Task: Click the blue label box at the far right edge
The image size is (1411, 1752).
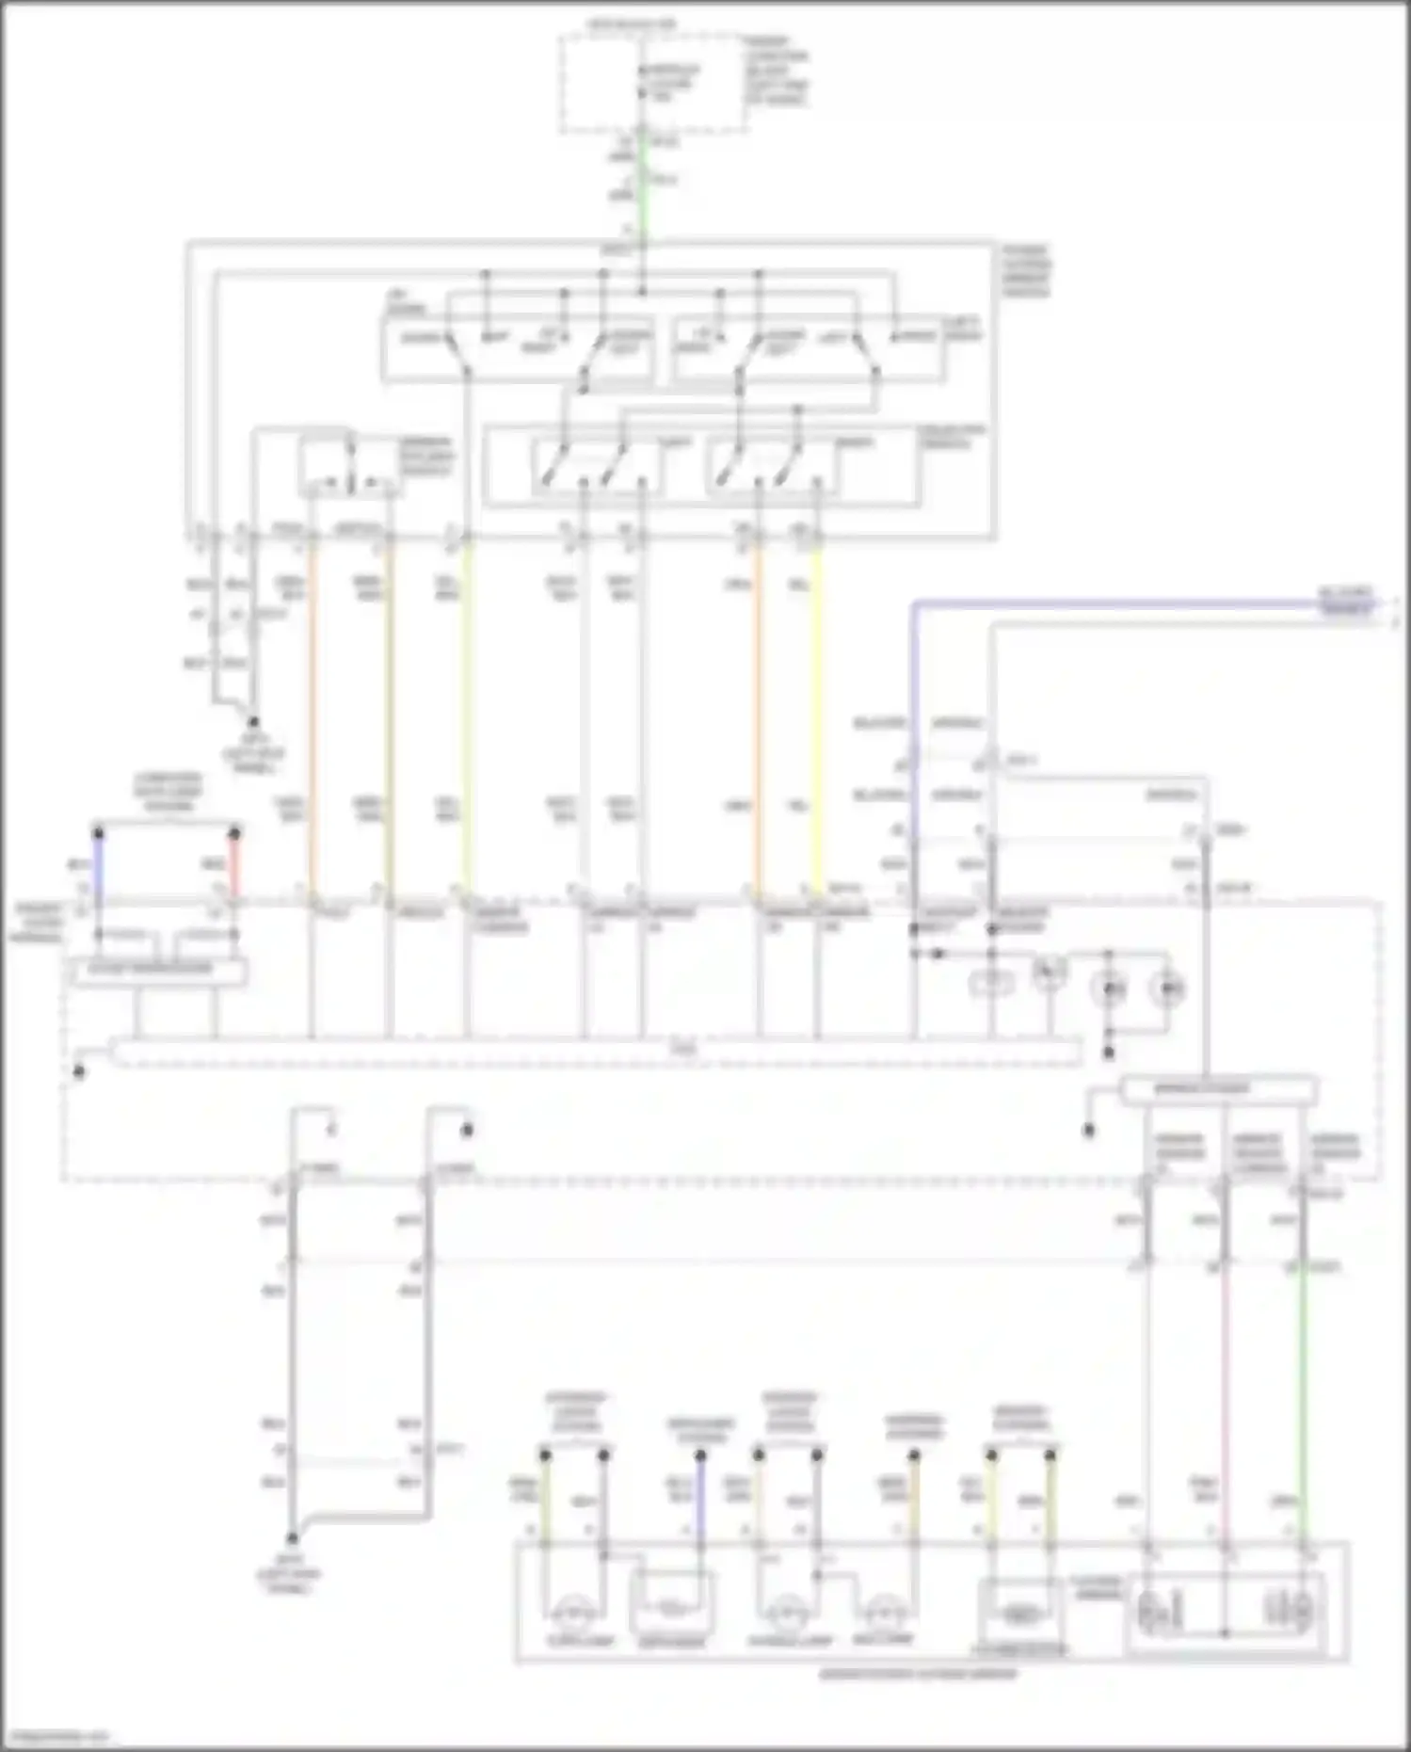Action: pyautogui.click(x=1347, y=603)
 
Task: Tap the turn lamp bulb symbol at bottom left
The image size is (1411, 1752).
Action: pyautogui.click(x=570, y=1615)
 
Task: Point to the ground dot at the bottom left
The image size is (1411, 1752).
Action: pyautogui.click(x=292, y=1537)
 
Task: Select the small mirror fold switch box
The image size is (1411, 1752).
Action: pyautogui.click(x=348, y=468)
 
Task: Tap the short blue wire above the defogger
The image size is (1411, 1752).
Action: pyautogui.click(x=700, y=1497)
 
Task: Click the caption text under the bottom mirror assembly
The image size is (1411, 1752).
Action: pyautogui.click(x=918, y=1673)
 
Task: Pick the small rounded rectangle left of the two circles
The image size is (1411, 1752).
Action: pyautogui.click(x=991, y=985)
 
